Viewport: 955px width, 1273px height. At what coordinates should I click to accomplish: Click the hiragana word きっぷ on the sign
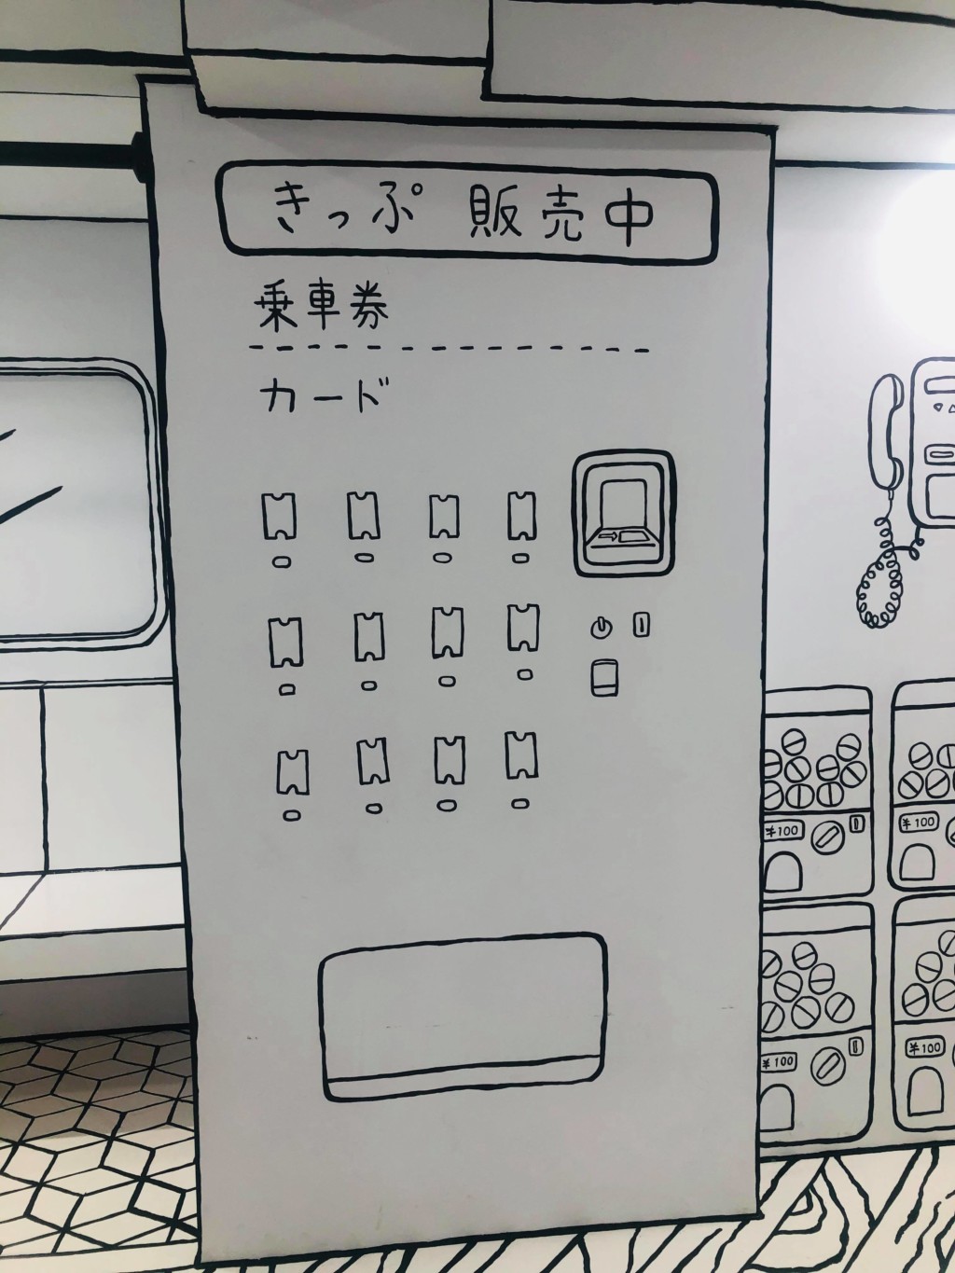coord(344,214)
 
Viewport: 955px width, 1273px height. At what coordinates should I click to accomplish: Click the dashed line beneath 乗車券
coord(449,349)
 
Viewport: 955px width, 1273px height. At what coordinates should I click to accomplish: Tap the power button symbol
coord(602,628)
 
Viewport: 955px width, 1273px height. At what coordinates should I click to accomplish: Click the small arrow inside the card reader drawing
coord(608,536)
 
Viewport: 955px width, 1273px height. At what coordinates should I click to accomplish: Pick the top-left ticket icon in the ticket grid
coord(279,516)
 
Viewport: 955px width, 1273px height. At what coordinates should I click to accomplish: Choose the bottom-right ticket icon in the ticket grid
coord(522,755)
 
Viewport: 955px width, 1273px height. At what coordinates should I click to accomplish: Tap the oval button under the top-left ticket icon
coord(282,561)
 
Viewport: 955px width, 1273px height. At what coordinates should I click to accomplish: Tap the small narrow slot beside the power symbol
coord(641,625)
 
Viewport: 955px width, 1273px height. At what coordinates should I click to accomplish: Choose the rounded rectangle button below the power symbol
coord(604,678)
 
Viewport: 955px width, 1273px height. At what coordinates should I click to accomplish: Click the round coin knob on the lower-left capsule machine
coord(830,1067)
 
